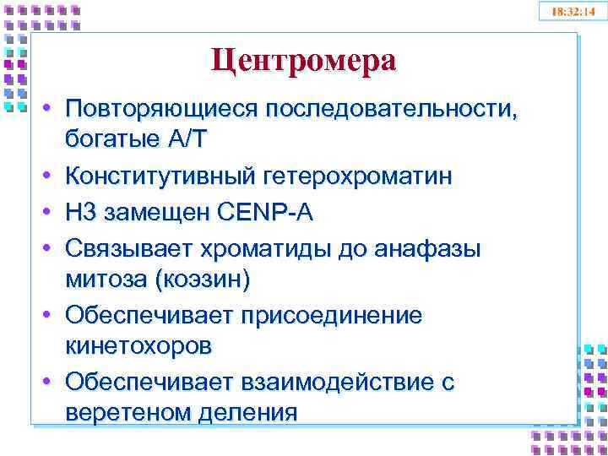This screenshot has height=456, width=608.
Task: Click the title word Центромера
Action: pos(303,61)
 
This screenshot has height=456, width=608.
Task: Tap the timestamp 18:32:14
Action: pos(573,11)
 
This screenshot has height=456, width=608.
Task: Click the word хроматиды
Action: pos(258,250)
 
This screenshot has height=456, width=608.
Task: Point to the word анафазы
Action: pos(427,250)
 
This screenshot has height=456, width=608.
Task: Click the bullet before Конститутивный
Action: pos(51,176)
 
